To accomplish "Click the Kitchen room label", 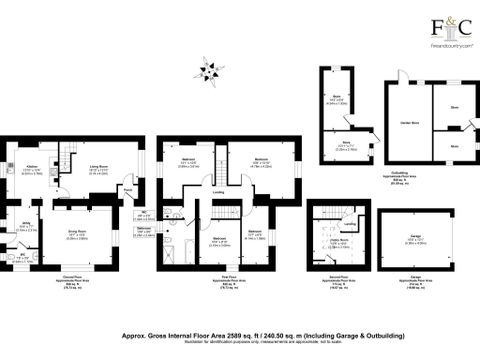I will [31, 166].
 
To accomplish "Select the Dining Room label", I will [76, 232].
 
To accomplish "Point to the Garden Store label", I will [408, 123].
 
